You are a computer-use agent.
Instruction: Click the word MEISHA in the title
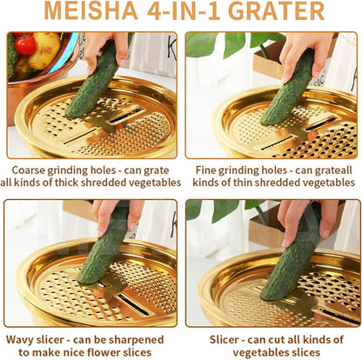pyautogui.click(x=90, y=11)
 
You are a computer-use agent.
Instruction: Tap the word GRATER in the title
pyautogui.click(x=278, y=11)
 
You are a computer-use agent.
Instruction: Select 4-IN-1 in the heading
pyautogui.click(x=184, y=11)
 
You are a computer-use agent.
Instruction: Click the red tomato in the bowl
pyautogui.click(x=25, y=45)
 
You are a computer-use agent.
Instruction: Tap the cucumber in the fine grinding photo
pyautogui.click(x=288, y=87)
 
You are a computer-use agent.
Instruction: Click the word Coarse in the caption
pyautogui.click(x=29, y=170)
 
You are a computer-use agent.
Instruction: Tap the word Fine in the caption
pyautogui.click(x=205, y=170)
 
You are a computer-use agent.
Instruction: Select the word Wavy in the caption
pyautogui.click(x=20, y=339)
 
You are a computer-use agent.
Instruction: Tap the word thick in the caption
pyautogui.click(x=66, y=183)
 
